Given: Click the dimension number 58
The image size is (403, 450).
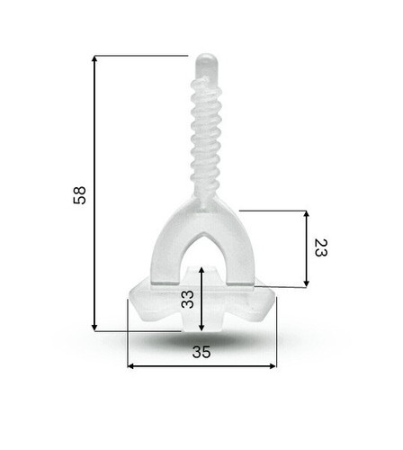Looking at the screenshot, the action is point(80,195).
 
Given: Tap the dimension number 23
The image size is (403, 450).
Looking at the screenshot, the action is point(320,247).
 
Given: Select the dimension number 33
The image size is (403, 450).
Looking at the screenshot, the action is point(188,300).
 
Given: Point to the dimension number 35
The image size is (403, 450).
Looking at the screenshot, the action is point(201,352).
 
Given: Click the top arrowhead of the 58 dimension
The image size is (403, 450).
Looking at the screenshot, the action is point(94,58).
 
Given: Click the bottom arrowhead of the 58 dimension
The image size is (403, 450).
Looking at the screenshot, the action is point(94,328).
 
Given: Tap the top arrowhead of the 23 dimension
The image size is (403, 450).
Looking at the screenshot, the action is point(306,214).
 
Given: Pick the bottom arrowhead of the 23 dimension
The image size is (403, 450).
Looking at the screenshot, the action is point(306,283).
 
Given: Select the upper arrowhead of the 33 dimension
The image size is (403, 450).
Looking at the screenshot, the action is point(201,270).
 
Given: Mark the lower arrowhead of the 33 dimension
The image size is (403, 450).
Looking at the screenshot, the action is point(201,328).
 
